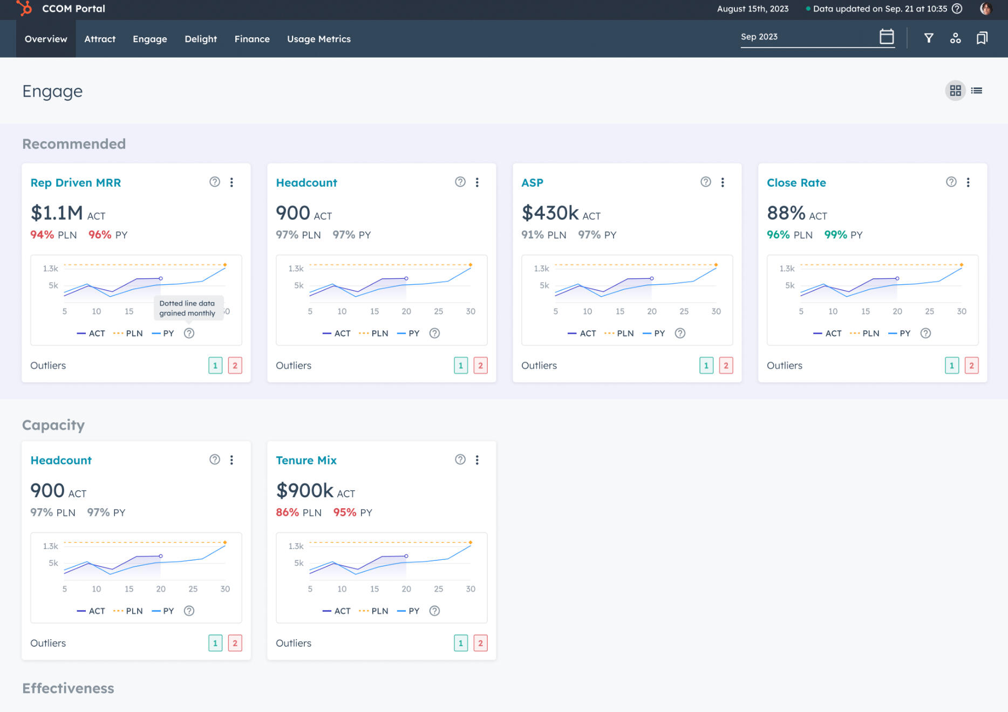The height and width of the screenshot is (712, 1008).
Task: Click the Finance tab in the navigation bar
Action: point(252,39)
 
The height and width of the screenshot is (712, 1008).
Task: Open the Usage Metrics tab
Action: point(318,39)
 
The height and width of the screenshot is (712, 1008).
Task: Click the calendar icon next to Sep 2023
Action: point(887,37)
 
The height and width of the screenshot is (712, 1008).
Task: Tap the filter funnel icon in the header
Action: point(929,38)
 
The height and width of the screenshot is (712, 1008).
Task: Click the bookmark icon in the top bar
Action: point(982,38)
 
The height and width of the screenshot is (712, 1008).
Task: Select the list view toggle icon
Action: point(977,91)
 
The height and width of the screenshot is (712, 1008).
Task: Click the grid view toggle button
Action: point(955,91)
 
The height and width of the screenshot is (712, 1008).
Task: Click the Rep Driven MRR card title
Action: point(76,183)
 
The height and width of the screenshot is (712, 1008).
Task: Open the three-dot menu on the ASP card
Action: point(723,182)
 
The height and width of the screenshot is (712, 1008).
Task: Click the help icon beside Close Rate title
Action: point(951,182)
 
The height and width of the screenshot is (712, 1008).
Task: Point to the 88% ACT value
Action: point(786,213)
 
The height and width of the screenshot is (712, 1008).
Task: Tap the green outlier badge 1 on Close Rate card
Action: point(952,366)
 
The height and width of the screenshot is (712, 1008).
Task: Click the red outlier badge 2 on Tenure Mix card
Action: point(480,643)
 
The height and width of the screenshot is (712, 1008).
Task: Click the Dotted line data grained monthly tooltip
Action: point(187,308)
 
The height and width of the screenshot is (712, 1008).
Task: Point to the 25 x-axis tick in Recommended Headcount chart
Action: point(438,311)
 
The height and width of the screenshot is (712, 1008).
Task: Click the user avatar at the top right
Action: point(986,9)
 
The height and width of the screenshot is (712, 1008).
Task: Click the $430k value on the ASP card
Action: point(550,213)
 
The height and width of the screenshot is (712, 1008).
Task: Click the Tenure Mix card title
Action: point(306,461)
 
